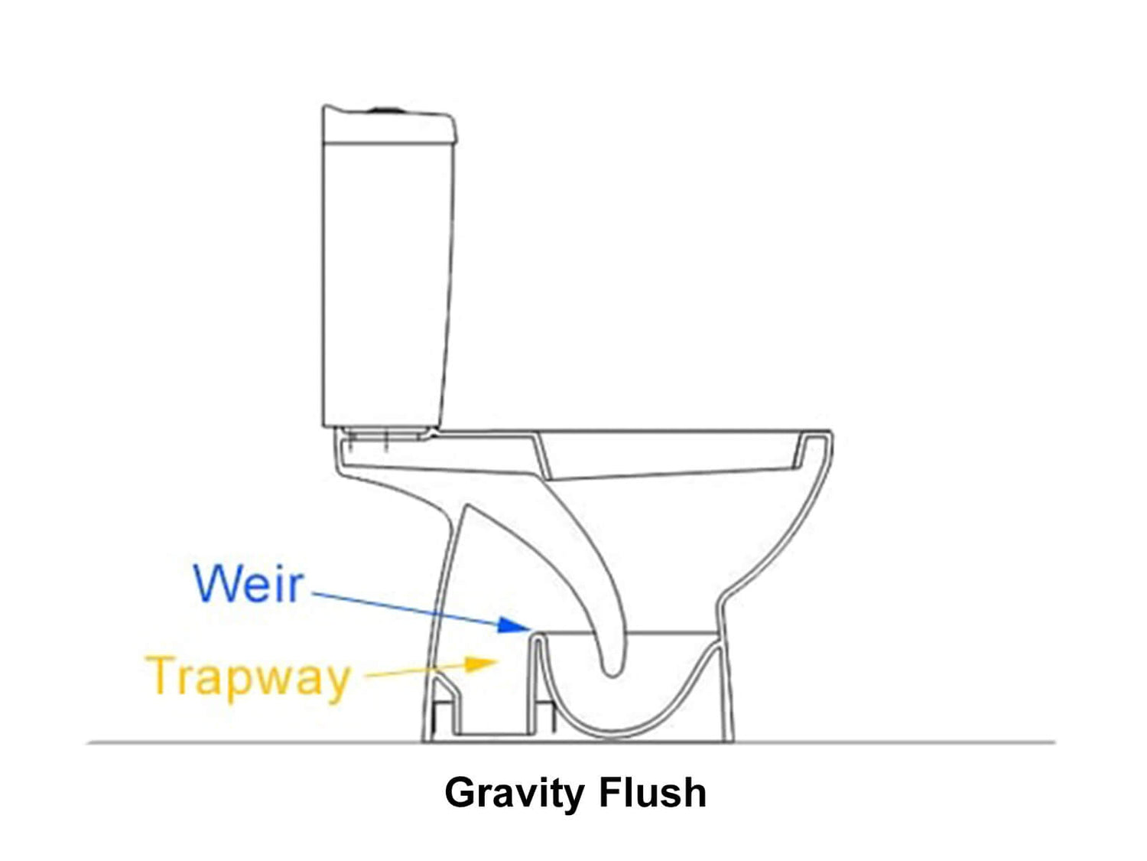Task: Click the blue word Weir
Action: coord(249,584)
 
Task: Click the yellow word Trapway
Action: coord(249,677)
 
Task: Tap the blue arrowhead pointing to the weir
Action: coord(512,625)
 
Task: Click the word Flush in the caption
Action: coord(652,792)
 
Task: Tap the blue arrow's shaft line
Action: coord(405,608)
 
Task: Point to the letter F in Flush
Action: coord(610,792)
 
